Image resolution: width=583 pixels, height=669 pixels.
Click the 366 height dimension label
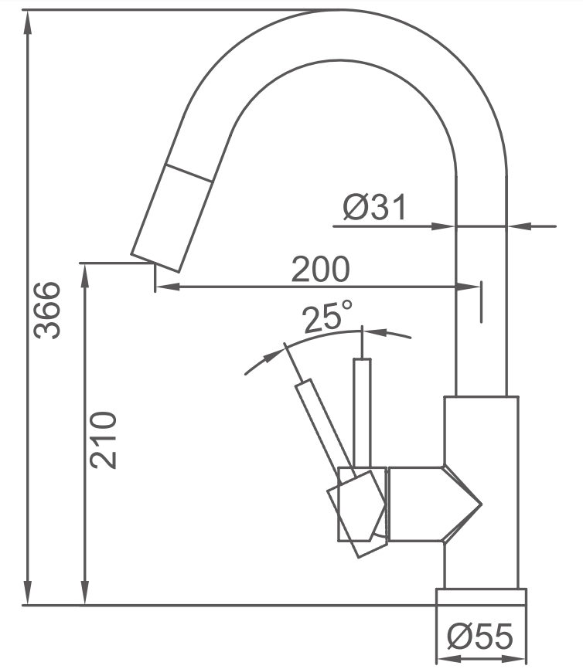47,311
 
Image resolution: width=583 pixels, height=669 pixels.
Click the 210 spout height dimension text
103,440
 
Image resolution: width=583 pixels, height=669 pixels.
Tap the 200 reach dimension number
320,269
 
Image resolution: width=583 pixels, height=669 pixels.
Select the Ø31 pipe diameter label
374,207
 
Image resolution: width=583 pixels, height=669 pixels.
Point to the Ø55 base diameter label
479,636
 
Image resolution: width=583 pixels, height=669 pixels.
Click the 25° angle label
328,316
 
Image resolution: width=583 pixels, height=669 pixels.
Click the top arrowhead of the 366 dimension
28,22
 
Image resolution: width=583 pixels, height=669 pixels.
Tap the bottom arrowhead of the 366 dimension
28,593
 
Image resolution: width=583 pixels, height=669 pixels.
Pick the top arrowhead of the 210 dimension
85,276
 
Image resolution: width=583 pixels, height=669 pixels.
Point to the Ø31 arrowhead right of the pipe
519,226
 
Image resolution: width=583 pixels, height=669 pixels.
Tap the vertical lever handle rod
362,413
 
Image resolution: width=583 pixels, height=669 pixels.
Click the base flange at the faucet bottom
482,597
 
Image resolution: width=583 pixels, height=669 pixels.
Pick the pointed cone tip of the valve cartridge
481,504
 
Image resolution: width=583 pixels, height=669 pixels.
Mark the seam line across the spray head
189,173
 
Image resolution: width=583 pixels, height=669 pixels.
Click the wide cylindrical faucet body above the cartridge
482,431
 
